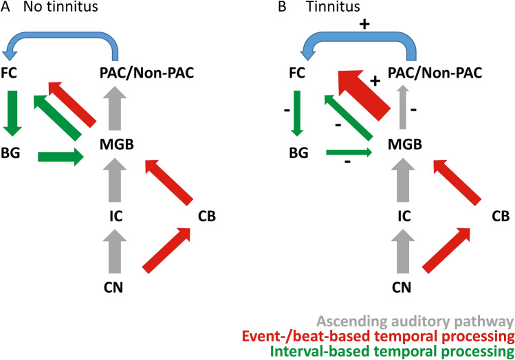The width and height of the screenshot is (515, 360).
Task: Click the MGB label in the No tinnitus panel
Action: [x=115, y=144]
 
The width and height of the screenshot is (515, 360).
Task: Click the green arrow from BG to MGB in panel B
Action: [x=347, y=152]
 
